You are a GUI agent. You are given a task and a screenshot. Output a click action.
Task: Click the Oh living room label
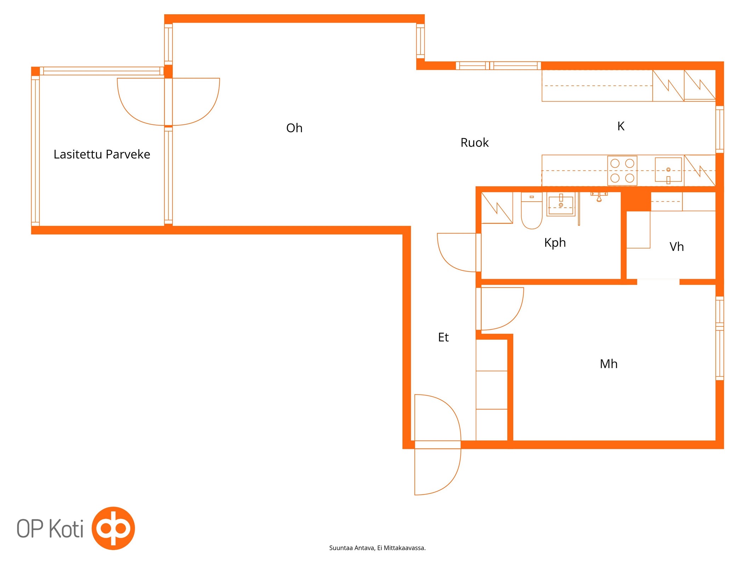[294, 128]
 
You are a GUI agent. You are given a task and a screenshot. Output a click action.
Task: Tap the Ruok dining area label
[474, 142]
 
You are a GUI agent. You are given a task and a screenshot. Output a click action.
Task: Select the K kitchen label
[620, 126]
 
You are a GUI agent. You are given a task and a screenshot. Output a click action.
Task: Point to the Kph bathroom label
[555, 243]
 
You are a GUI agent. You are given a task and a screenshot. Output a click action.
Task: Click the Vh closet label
[676, 247]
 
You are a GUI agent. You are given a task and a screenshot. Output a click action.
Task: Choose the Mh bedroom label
[608, 364]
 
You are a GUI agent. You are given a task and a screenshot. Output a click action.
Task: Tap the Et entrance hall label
[443, 337]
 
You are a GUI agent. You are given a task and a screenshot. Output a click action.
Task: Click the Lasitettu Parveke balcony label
[102, 154]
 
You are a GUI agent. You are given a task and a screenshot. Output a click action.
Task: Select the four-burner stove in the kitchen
[622, 171]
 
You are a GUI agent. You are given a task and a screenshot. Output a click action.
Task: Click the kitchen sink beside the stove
[668, 170]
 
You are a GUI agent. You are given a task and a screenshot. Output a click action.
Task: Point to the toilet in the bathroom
[532, 210]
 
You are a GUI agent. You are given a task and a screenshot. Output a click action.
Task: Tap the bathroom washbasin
[561, 204]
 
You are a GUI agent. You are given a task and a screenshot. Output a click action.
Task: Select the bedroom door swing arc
[515, 318]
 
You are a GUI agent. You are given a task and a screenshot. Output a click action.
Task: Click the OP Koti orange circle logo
[113, 528]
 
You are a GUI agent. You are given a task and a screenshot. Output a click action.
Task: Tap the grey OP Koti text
[50, 528]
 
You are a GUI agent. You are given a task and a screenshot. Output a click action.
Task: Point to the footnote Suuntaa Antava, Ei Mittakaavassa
[377, 548]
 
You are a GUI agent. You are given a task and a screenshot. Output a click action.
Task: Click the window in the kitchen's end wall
[720, 129]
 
